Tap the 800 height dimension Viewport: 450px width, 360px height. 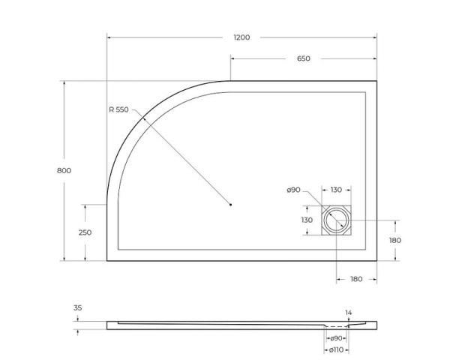click(x=64, y=171)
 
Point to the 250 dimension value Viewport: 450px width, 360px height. click(x=85, y=232)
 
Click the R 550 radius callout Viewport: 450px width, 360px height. click(x=118, y=110)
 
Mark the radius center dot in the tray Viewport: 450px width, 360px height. click(x=231, y=204)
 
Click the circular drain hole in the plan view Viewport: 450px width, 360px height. click(x=336, y=221)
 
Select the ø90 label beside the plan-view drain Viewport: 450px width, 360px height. click(x=293, y=190)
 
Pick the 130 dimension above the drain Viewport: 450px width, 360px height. click(x=336, y=190)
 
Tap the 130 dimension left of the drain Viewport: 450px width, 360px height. click(x=307, y=220)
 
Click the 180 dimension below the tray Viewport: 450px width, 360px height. click(x=356, y=279)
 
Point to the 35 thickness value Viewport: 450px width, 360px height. click(x=79, y=308)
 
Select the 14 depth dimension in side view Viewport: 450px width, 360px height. click(x=348, y=312)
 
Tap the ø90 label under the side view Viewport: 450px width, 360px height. click(x=337, y=338)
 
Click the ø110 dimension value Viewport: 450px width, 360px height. click(x=337, y=350)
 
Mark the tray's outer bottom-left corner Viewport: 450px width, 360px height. click(x=107, y=261)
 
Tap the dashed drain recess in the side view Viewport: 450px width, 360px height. click(x=337, y=328)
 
